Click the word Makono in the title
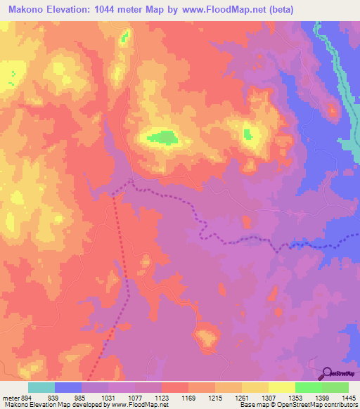click(x=29, y=9)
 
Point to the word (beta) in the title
click(x=279, y=9)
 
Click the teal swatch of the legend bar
click(x=41, y=388)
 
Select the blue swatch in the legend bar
click(x=68, y=388)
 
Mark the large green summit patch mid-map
click(x=163, y=137)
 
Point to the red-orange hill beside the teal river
click(x=330, y=109)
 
